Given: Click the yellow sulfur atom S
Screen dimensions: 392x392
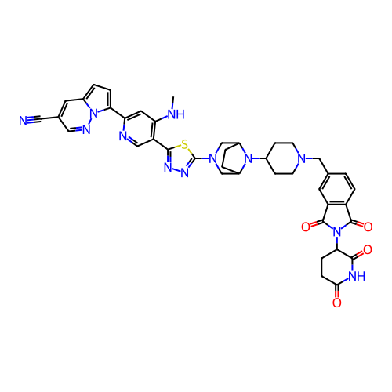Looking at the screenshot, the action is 185,144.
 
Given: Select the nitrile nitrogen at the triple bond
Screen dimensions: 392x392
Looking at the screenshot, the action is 24,121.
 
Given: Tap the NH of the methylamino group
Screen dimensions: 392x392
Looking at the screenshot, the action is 176,114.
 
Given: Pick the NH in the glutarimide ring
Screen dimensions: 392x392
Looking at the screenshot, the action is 357,276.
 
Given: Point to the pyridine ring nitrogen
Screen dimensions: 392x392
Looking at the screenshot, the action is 123,136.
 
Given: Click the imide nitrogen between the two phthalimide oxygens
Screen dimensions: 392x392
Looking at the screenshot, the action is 337,232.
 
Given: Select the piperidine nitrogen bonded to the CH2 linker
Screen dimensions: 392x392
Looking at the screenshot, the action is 302,158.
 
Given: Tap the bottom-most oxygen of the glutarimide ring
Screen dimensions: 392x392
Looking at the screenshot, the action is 337,303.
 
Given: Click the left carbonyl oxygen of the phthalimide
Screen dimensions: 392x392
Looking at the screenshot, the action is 306,227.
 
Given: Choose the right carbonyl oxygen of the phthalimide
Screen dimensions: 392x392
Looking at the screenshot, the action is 368,227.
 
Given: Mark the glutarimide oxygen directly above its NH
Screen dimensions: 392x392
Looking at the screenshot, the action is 368,250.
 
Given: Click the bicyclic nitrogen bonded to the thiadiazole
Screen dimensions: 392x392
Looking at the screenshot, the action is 213,158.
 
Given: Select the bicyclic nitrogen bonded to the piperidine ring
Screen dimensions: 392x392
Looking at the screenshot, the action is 249,158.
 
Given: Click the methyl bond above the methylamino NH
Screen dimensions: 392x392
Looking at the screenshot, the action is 172,103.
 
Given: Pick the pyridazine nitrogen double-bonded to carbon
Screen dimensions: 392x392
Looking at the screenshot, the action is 86,130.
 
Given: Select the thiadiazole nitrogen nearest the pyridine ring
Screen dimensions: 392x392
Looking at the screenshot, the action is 169,168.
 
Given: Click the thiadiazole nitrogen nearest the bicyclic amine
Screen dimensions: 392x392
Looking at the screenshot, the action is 185,172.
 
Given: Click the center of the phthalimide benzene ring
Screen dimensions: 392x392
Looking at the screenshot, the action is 337,189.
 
